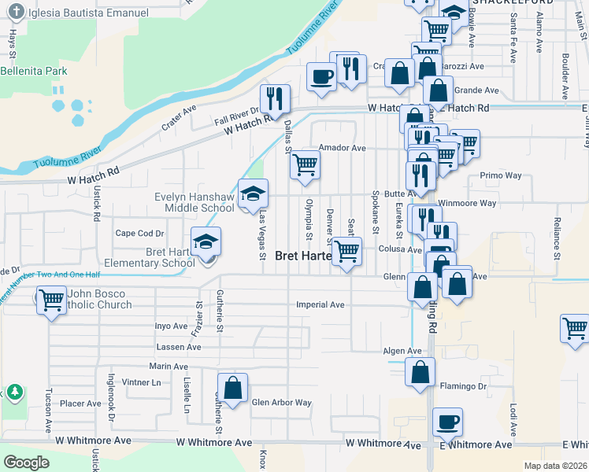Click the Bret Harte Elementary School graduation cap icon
[206, 242]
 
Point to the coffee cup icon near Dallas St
[321, 77]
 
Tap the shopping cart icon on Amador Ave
[305, 164]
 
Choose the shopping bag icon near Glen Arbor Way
[232, 388]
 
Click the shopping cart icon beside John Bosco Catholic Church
[51, 300]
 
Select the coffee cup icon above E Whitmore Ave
[447, 422]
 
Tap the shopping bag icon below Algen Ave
[420, 371]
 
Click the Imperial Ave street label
[320, 304]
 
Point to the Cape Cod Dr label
[139, 233]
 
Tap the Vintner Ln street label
[141, 382]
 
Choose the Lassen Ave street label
[179, 347]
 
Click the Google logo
[26, 463]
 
